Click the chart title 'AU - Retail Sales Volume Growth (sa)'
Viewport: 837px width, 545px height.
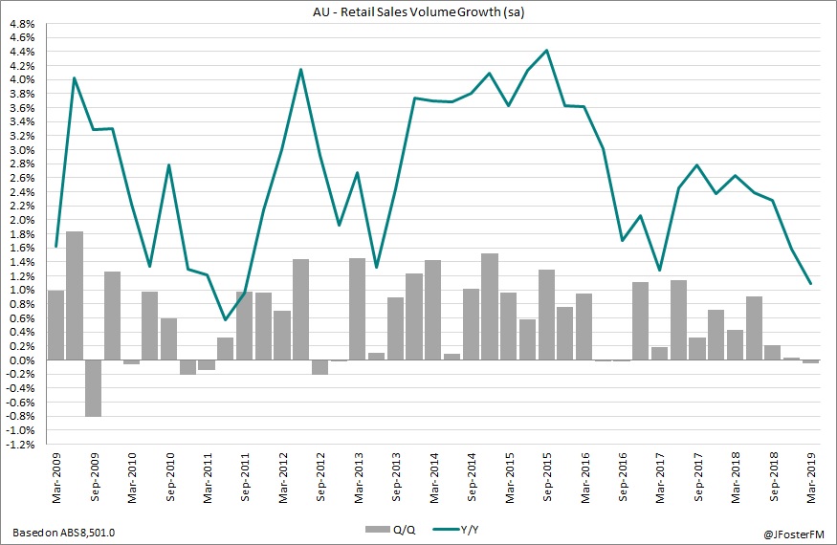[x=418, y=11]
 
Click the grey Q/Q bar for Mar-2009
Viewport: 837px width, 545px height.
[x=56, y=325]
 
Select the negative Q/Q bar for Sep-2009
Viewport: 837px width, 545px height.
[x=94, y=387]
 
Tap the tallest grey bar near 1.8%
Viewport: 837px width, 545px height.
[x=75, y=295]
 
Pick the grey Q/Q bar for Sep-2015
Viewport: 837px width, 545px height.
[x=547, y=315]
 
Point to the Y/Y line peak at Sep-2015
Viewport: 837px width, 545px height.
[x=547, y=51]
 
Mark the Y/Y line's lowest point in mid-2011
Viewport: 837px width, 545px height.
[x=226, y=319]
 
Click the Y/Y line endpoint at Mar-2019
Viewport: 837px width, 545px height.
[x=811, y=283]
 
